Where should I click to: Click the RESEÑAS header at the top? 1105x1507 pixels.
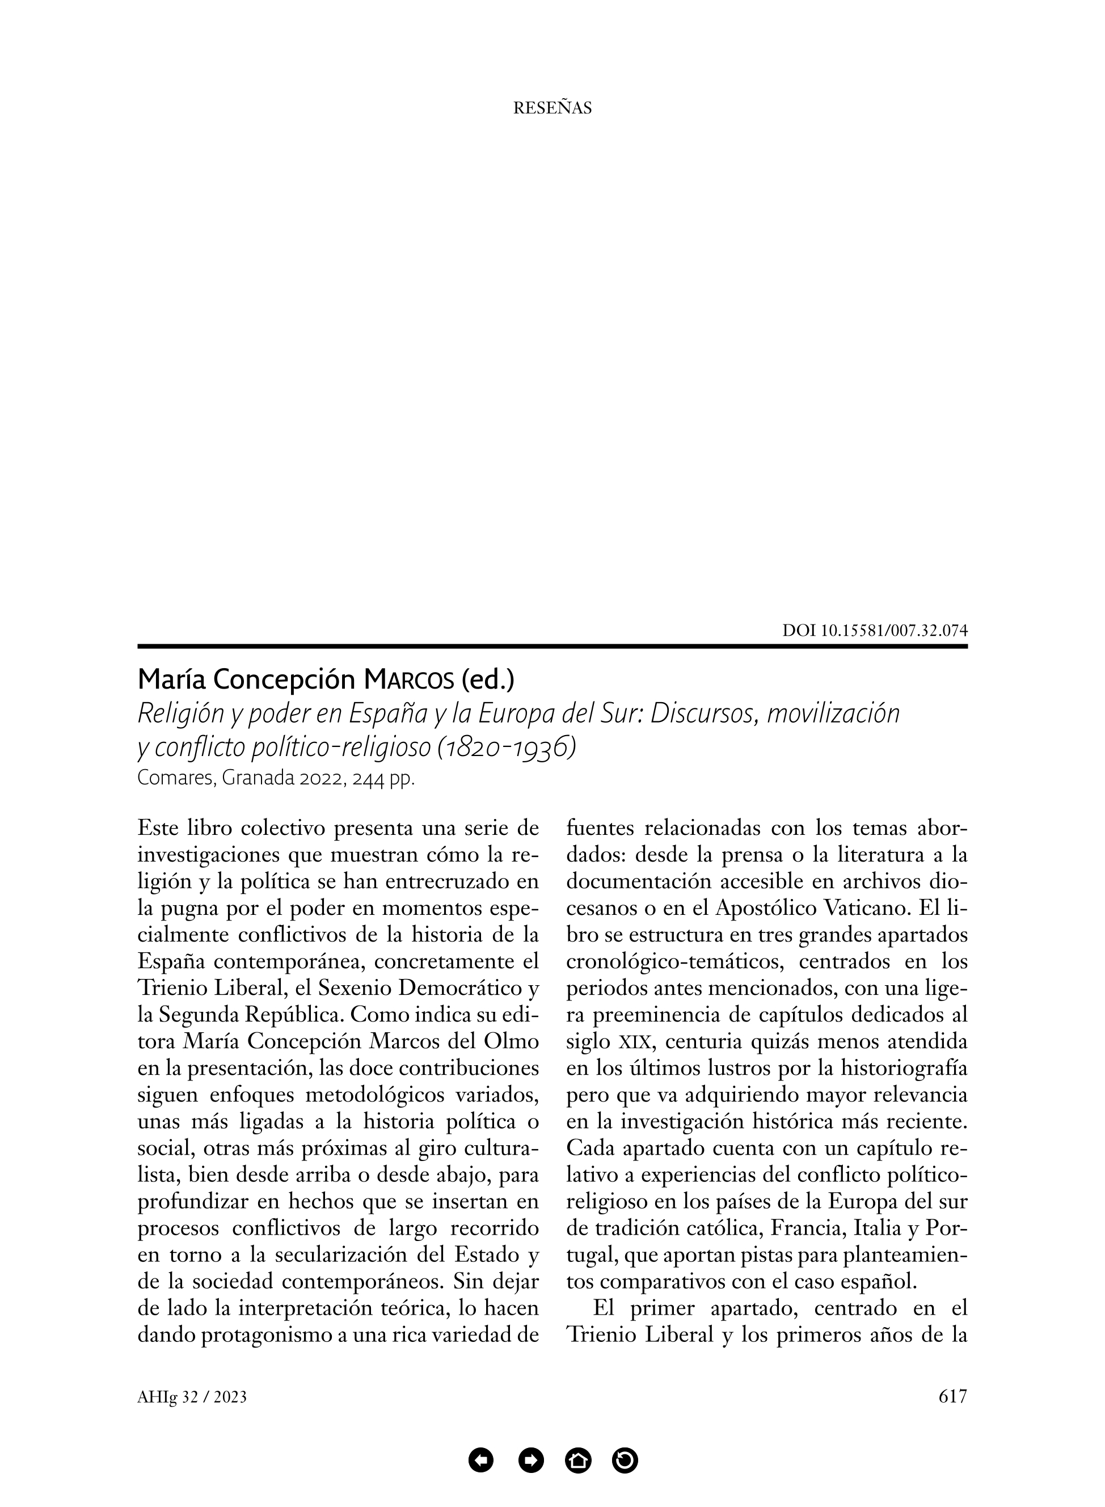[x=552, y=108]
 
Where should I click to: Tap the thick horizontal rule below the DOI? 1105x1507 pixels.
[x=552, y=646]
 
